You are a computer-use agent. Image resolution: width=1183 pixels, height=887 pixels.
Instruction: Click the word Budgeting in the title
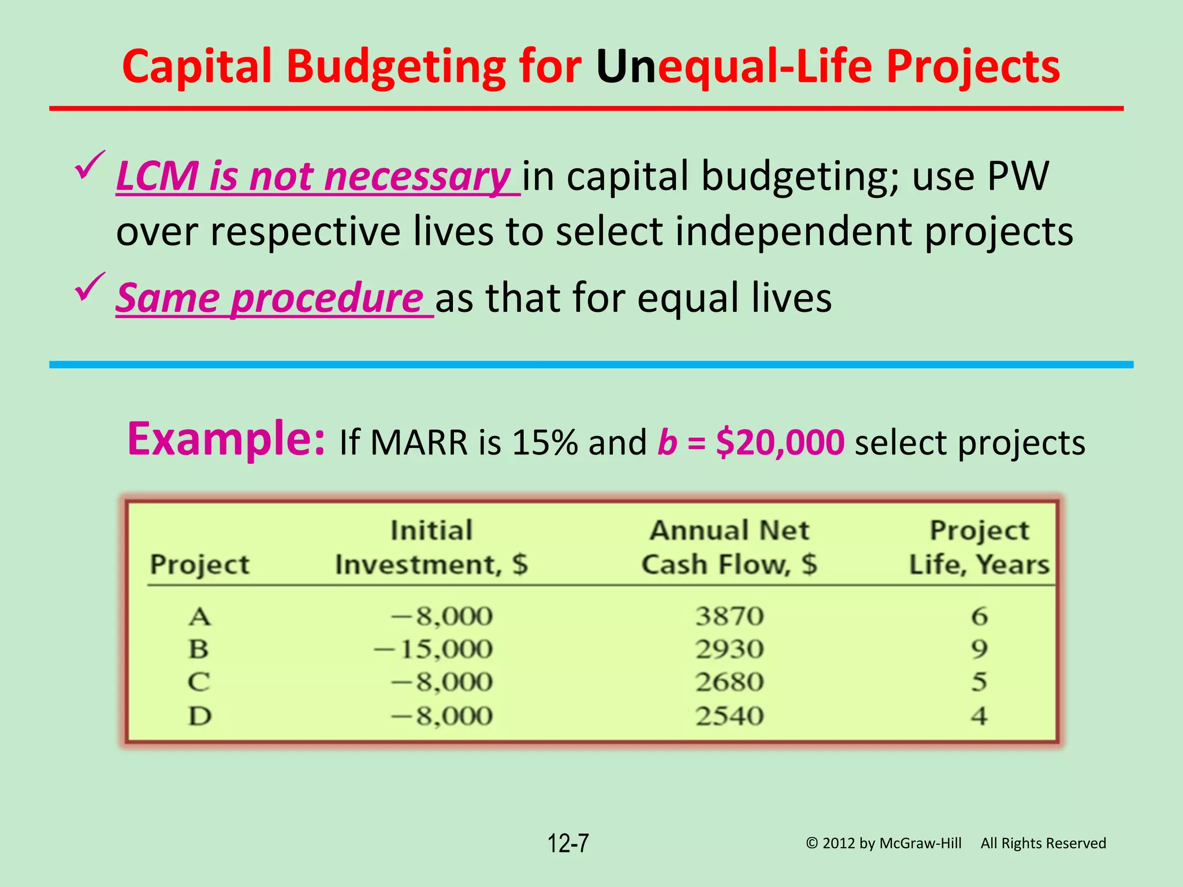395,67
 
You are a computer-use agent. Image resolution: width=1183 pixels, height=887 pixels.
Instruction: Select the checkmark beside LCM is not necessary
90,165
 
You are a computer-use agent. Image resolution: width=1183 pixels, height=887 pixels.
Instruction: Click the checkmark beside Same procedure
90,287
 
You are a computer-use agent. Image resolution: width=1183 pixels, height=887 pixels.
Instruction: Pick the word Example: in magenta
226,439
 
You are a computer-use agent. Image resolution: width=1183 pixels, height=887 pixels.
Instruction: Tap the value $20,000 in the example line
779,443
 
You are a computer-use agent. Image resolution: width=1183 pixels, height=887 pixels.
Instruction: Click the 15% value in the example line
544,443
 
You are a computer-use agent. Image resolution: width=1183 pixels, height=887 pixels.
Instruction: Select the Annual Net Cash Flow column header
729,547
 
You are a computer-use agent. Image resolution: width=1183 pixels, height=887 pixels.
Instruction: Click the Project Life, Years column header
979,547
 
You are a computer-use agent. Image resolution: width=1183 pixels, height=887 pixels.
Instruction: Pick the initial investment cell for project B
433,650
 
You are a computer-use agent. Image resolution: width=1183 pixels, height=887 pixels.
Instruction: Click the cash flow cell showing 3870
729,616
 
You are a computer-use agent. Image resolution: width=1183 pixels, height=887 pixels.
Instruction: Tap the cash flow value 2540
729,717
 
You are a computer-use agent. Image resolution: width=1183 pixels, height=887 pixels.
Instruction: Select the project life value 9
979,650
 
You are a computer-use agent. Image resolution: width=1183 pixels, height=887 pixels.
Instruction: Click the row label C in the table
199,683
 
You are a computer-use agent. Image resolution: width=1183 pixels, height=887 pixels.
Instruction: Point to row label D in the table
199,717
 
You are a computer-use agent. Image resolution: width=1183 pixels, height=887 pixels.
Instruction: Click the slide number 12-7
568,843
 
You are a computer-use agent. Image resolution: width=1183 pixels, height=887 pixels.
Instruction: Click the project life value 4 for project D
979,717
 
